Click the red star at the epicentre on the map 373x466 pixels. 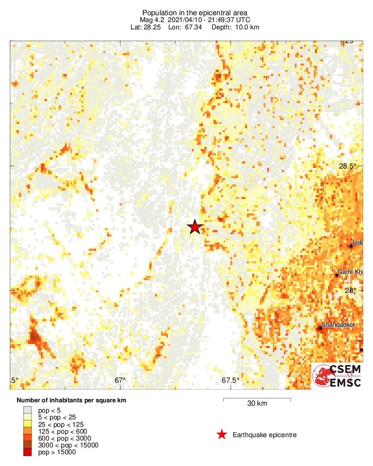[195, 227]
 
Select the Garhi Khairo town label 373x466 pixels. [349, 272]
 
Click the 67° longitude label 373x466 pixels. [120, 380]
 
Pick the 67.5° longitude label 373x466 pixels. [231, 380]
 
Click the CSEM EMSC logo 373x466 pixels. [337, 376]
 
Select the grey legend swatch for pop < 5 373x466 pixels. [27, 410]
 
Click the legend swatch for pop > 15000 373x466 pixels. [27, 452]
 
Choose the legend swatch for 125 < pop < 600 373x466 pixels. [27, 431]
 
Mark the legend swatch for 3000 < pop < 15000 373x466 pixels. [27, 445]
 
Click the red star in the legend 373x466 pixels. [222, 435]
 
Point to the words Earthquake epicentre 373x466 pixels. [265, 435]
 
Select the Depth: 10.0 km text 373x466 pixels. [236, 27]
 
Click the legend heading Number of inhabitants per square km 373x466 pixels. [71, 400]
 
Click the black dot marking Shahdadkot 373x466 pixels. [320, 328]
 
